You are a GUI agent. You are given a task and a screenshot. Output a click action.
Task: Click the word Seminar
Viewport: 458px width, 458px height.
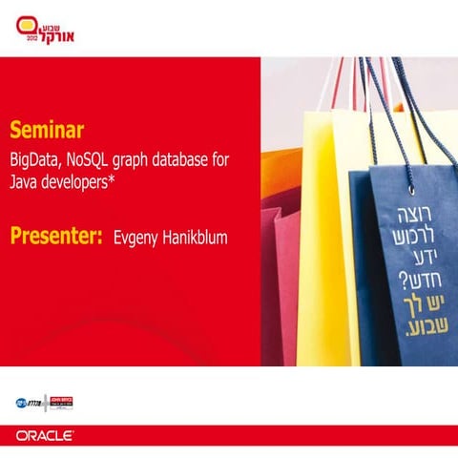(48, 128)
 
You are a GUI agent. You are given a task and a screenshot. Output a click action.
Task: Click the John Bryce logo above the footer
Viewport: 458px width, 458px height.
(60, 402)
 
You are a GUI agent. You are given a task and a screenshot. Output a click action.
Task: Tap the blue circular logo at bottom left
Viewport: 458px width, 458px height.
(22, 402)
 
